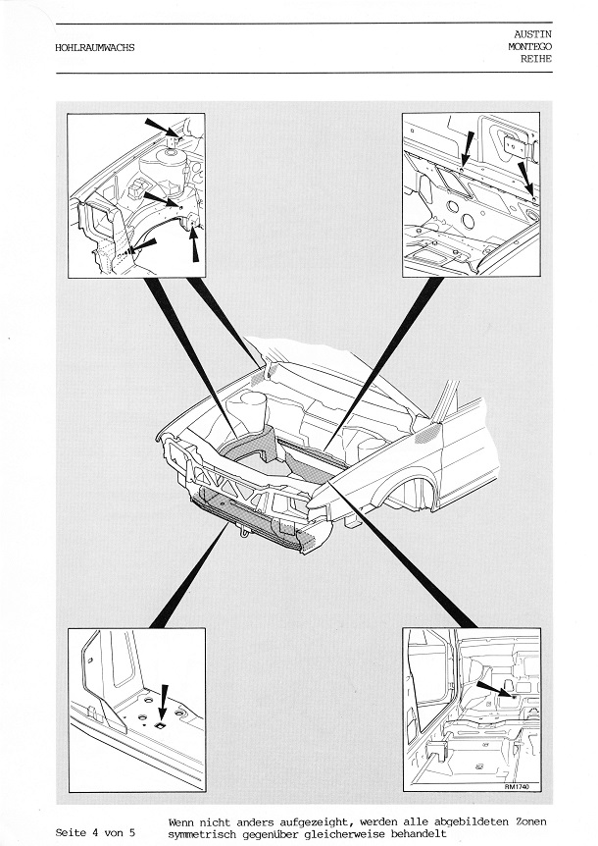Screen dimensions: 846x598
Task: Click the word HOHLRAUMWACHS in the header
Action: (x=95, y=47)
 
